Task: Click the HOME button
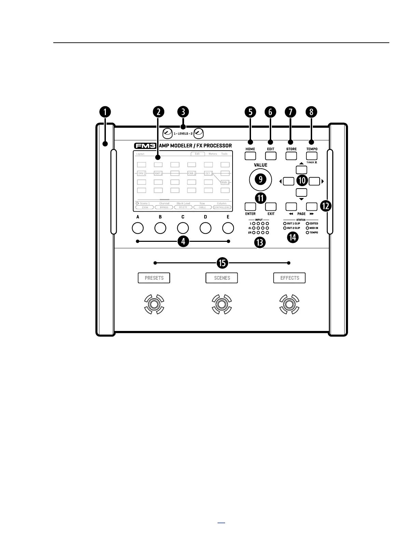tap(250, 156)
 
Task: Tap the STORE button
tap(291, 156)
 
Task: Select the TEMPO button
tap(312, 156)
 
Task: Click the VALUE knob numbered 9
tap(261, 179)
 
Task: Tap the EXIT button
tap(271, 206)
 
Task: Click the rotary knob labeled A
tap(138, 228)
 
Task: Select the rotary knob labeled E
tap(228, 228)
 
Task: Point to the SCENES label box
tap(222, 278)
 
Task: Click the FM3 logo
tap(145, 146)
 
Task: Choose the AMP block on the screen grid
tap(158, 174)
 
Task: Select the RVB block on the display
tap(225, 183)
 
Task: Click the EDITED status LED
tap(307, 224)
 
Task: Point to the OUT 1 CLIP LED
tap(285, 224)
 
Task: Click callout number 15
tap(222, 263)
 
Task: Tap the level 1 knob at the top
tap(167, 133)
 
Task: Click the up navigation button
tap(301, 169)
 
